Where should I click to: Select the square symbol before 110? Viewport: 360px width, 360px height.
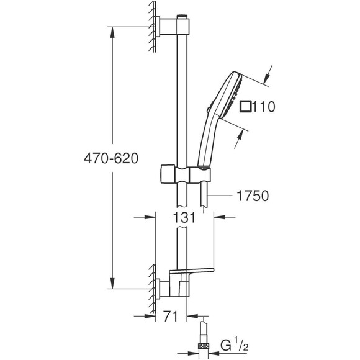coord(246,107)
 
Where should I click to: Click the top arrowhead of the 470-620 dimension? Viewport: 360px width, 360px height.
coord(112,30)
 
